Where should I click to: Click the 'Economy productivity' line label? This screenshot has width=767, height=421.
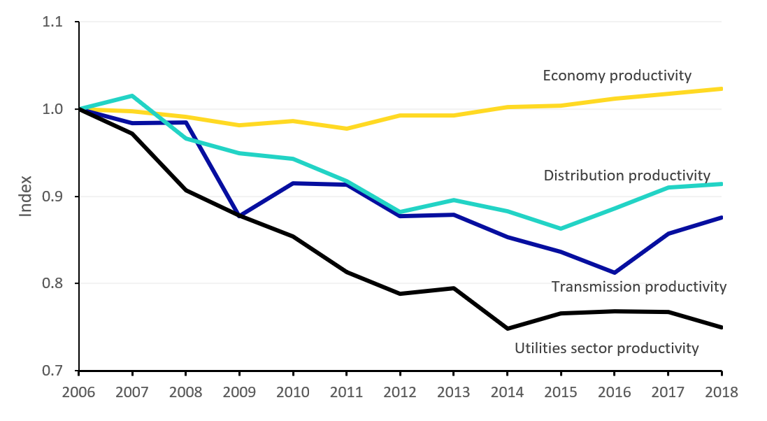(x=617, y=76)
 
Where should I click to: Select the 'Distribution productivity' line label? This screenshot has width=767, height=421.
(x=626, y=176)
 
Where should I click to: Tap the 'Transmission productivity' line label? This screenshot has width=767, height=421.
(x=638, y=287)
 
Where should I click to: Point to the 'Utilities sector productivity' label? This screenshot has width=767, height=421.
(x=606, y=348)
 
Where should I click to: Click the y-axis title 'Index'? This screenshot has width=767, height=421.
(x=26, y=197)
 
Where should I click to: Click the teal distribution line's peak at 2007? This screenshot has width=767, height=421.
(x=132, y=96)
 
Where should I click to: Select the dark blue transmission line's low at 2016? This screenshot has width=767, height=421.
(x=614, y=273)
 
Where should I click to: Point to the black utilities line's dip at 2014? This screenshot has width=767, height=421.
(x=507, y=329)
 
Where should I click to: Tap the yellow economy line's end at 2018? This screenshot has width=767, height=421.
(x=722, y=89)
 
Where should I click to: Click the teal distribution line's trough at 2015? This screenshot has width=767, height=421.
(x=561, y=229)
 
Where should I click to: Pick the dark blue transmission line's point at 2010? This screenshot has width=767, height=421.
(x=293, y=183)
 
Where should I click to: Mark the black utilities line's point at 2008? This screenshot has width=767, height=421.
(x=186, y=190)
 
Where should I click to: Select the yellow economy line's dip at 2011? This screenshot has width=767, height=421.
(x=346, y=129)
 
